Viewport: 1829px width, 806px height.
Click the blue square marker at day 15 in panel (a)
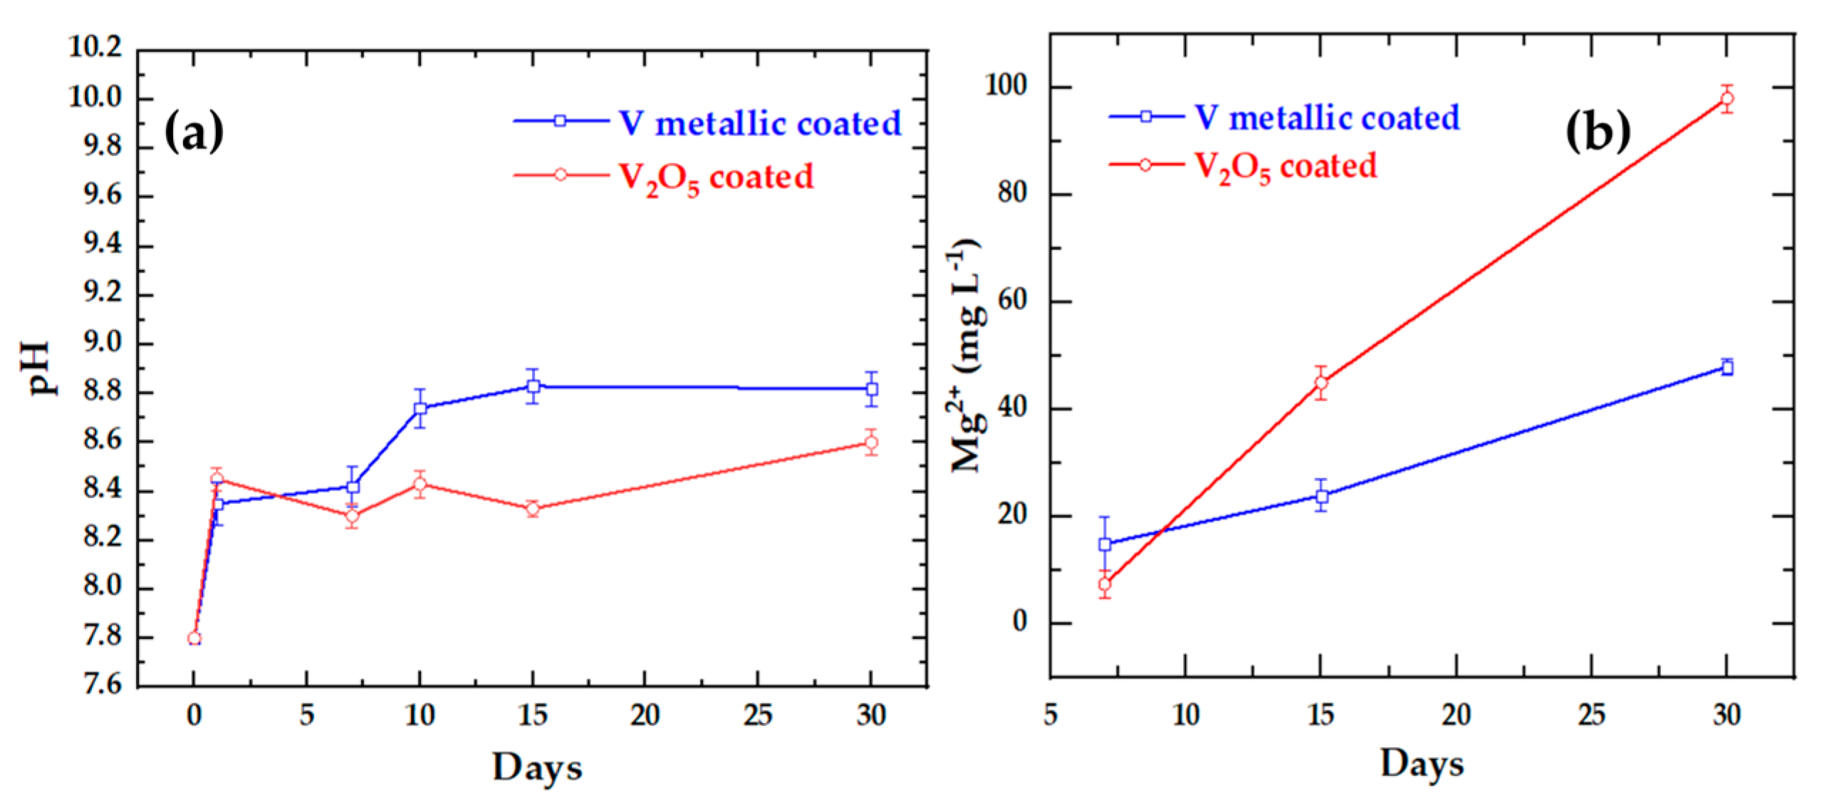533,386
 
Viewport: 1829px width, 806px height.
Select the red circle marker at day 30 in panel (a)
870,443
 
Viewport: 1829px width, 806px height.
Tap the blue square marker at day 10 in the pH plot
420,408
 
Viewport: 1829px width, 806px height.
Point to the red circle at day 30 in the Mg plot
1726,98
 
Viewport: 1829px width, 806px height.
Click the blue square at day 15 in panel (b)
1321,496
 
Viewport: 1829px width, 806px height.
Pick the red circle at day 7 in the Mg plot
1105,584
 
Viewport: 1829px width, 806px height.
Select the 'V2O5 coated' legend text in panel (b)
1285,167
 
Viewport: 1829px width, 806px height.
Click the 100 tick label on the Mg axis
1005,86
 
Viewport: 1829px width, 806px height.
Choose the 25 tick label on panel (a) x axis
757,715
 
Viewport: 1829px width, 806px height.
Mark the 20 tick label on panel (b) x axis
1456,714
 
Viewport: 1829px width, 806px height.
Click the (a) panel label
194,133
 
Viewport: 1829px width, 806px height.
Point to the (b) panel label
1598,132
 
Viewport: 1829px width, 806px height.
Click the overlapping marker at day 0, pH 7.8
194,639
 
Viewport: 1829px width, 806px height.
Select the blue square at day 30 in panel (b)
1726,368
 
